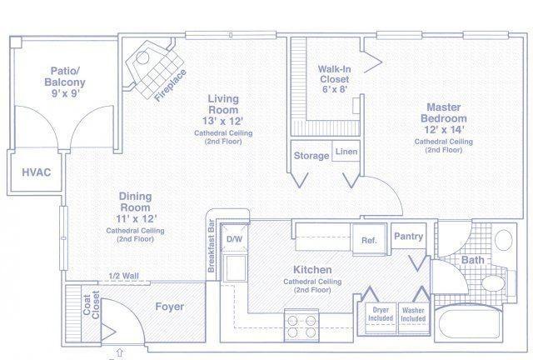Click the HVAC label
(x=37, y=172)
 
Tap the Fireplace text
(x=170, y=85)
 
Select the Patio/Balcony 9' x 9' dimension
(x=65, y=92)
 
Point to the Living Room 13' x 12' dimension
(x=223, y=121)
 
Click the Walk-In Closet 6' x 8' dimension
(x=335, y=89)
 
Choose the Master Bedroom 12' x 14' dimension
(x=444, y=130)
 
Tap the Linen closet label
(x=346, y=152)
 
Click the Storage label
(x=311, y=156)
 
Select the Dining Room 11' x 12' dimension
(x=136, y=218)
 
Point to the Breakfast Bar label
(x=211, y=246)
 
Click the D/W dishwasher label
(x=235, y=239)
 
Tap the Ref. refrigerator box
(x=369, y=239)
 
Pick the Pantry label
(x=409, y=236)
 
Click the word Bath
(x=472, y=260)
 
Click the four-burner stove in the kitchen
(x=301, y=326)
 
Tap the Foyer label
(x=170, y=307)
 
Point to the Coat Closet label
(x=92, y=304)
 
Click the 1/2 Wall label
(x=124, y=276)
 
